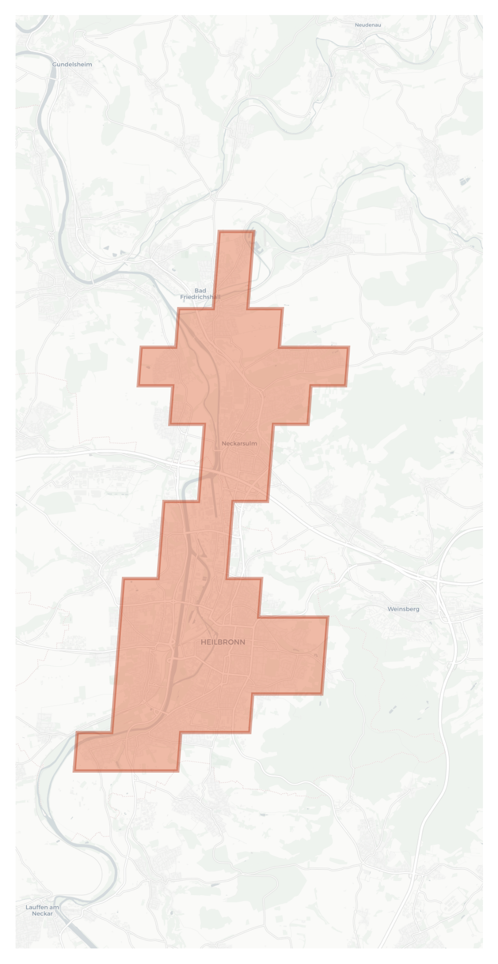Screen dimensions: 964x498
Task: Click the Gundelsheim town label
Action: [x=72, y=65]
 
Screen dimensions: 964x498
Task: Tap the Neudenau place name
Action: [x=368, y=25]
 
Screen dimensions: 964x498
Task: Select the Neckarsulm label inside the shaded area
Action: [x=239, y=443]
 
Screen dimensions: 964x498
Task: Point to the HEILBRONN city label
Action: [x=223, y=642]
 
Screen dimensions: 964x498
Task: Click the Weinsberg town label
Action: [x=403, y=609]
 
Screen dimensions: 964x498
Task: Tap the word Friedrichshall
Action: [x=200, y=297]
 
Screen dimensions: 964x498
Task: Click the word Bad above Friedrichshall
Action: [x=200, y=290]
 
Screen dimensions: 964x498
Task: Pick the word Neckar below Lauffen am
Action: [x=42, y=914]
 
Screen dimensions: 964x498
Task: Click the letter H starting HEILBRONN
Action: [x=203, y=642]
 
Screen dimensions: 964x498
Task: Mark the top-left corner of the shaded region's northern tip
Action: [x=219, y=231]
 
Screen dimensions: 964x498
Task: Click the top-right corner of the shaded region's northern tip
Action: [x=254, y=231]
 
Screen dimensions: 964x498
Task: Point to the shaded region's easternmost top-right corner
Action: [x=349, y=347]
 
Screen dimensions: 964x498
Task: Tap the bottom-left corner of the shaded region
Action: [x=74, y=771]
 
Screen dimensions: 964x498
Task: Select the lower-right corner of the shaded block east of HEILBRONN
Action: [x=322, y=694]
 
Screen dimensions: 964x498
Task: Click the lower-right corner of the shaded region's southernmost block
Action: [x=178, y=771]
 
